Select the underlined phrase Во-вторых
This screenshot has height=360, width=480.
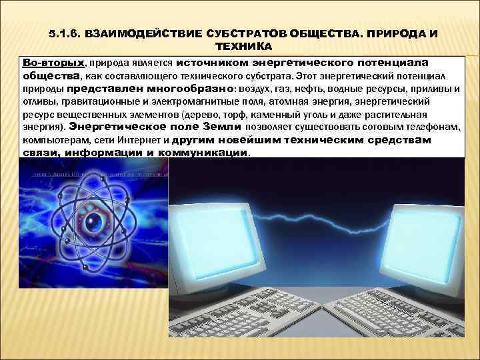(53, 62)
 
